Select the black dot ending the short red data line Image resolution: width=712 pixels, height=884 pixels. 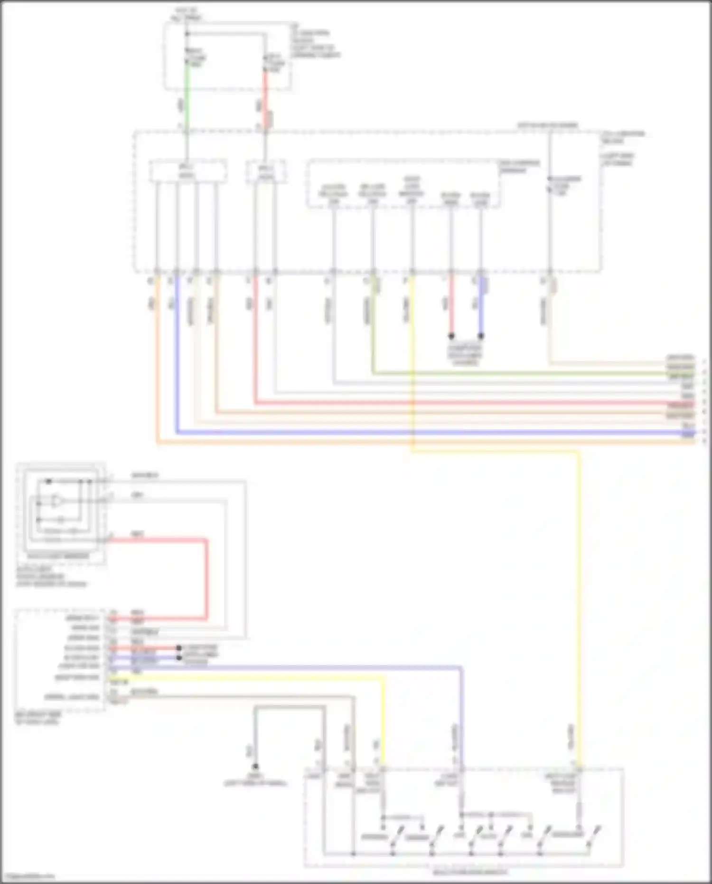451,336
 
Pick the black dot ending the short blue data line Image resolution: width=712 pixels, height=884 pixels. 481,336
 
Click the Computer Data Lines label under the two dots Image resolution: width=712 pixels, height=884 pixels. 465,355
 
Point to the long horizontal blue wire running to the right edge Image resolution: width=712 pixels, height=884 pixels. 427,432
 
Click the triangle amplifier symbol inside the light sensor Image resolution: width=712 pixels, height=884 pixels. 56,501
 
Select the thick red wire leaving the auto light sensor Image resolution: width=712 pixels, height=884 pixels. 207,580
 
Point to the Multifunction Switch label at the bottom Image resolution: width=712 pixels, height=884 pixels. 470,872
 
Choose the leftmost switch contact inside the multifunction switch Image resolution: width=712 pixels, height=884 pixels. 397,836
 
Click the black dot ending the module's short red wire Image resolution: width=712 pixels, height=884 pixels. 179,648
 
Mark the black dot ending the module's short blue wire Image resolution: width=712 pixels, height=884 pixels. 179,657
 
